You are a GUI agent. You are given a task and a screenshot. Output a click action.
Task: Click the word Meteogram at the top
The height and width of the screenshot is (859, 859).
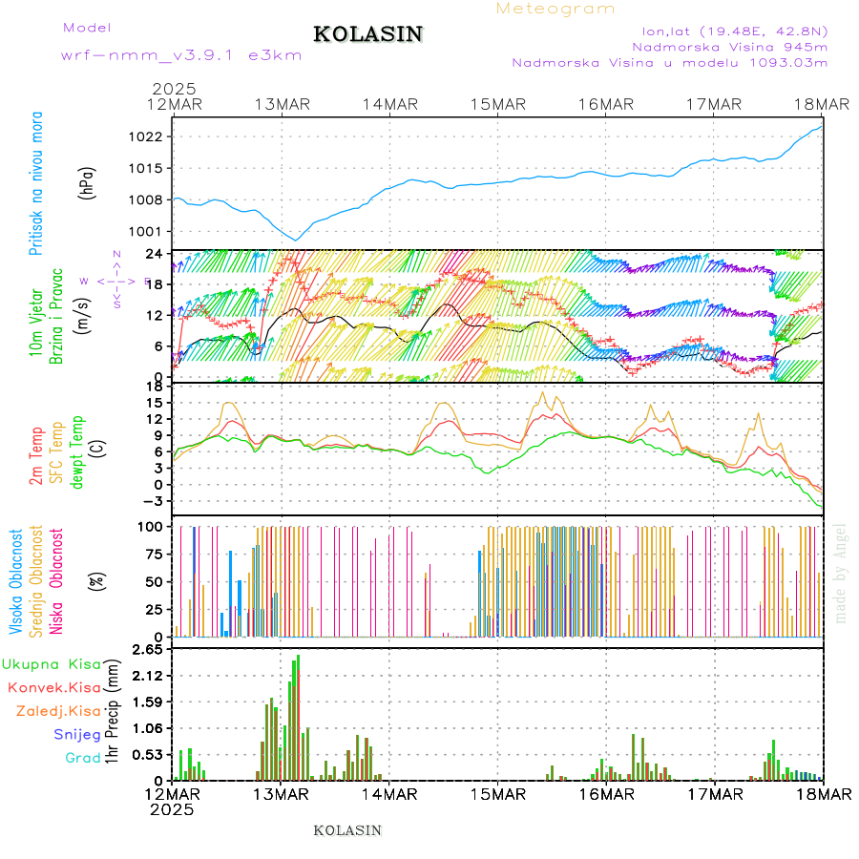[x=555, y=9]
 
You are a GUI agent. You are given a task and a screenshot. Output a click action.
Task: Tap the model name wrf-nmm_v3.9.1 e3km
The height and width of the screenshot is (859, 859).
[x=180, y=55]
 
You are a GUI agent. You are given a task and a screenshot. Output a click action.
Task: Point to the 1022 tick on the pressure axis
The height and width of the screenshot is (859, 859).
[x=153, y=136]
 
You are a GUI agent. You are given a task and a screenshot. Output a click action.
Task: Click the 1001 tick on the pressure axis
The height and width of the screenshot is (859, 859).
[x=153, y=231]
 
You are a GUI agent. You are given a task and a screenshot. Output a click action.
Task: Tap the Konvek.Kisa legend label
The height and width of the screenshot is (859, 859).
[x=53, y=687]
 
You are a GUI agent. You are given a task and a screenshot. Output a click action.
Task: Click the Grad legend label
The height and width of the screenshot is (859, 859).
[x=82, y=758]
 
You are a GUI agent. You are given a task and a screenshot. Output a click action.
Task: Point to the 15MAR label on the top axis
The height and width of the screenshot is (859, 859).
[x=497, y=104]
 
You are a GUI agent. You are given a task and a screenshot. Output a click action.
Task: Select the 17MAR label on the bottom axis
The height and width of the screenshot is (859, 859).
[x=713, y=795]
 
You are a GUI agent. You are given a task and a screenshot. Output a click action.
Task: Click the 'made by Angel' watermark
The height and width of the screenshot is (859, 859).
[x=841, y=573]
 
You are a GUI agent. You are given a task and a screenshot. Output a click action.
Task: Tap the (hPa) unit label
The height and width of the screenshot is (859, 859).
[x=87, y=182]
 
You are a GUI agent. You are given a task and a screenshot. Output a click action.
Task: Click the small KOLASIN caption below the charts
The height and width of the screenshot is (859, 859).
[x=347, y=830]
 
